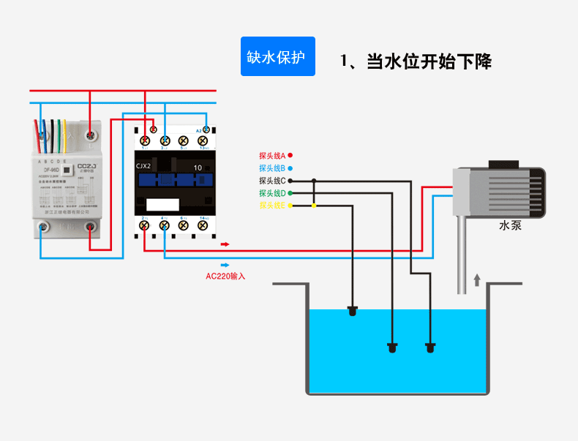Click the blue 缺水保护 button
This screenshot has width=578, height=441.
[278, 57]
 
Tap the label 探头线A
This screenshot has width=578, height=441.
[271, 155]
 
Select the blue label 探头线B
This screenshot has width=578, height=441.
[271, 167]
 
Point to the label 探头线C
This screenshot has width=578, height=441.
[271, 180]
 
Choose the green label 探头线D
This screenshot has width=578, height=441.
[271, 193]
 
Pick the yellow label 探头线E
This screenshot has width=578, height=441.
[271, 206]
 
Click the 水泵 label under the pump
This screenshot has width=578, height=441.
[510, 226]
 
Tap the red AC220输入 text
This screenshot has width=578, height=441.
[225, 276]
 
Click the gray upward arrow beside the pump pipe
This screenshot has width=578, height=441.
[478, 279]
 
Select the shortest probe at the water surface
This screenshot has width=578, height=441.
[353, 311]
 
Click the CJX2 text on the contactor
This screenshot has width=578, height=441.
[144, 166]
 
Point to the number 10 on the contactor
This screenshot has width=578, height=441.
[198, 167]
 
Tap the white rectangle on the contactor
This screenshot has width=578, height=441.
[162, 205]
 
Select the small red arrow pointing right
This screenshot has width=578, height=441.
[225, 244]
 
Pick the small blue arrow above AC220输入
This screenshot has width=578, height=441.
[225, 265]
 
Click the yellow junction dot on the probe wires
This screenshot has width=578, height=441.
[314, 206]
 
